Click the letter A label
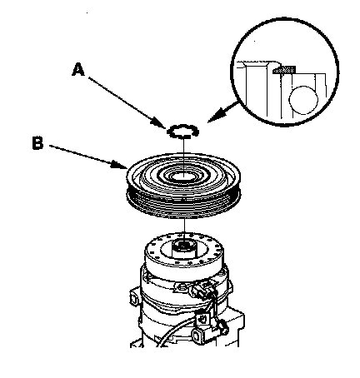click(x=78, y=70)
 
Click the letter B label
click(x=37, y=143)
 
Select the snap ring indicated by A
click(x=183, y=132)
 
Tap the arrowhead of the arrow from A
click(x=160, y=123)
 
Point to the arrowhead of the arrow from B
click(x=120, y=165)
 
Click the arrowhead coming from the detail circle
click(x=215, y=117)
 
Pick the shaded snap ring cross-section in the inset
click(x=284, y=70)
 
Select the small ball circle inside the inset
click(x=303, y=100)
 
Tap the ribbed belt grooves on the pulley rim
click(x=183, y=206)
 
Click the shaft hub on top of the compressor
click(x=183, y=248)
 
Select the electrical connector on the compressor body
click(x=202, y=291)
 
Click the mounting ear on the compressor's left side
click(x=134, y=298)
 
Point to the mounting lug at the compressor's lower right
click(x=197, y=336)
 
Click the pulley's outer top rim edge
click(x=183, y=154)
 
